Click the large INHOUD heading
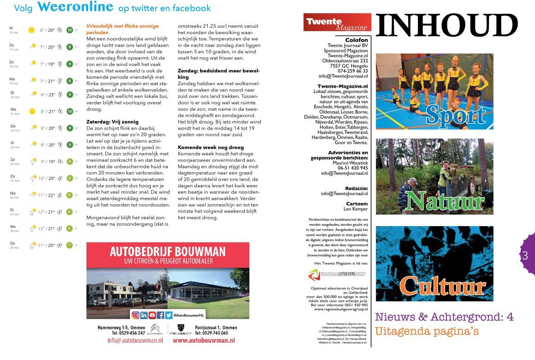[x=446, y=26]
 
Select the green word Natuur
[x=445, y=201]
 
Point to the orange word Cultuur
[x=442, y=286]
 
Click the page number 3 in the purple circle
[x=525, y=255]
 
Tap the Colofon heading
[x=357, y=40]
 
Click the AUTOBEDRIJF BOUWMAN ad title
[x=168, y=252]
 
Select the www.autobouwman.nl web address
[x=204, y=340]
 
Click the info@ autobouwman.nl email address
[x=135, y=340]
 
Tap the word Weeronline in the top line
[x=75, y=7]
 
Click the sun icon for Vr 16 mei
[x=31, y=30]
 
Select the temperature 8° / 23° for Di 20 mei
[x=47, y=95]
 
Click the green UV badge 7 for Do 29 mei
[x=70, y=245]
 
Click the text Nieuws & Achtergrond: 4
[x=444, y=317]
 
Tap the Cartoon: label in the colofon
[x=357, y=203]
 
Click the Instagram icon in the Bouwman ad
[x=136, y=315]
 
